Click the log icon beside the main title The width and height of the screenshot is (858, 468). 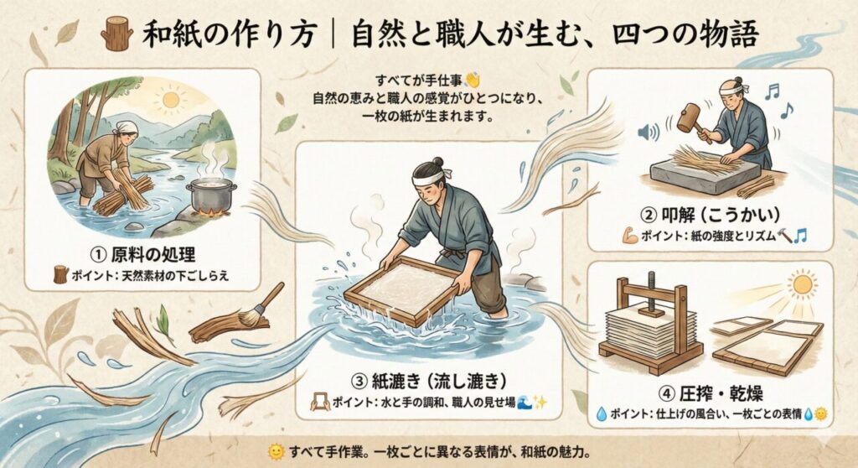[x=116, y=34]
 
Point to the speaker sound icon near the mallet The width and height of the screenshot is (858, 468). [x=645, y=132]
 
